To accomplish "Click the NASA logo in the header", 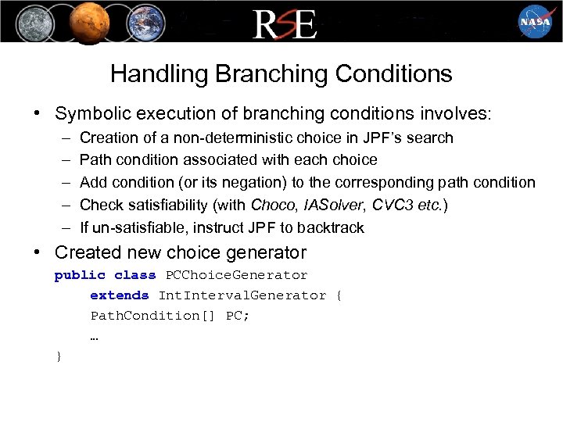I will tap(535, 21).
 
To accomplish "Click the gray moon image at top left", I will tap(30, 21).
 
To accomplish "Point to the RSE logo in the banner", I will tap(285, 23).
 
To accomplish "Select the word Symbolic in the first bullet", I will tap(88, 114).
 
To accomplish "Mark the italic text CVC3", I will tap(391, 206).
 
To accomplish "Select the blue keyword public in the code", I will tap(79, 275).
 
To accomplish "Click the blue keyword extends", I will tap(119, 295).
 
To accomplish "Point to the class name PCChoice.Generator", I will tap(237, 275).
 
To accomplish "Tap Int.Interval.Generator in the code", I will tap(242, 295).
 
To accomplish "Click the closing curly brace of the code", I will tap(59, 356).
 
